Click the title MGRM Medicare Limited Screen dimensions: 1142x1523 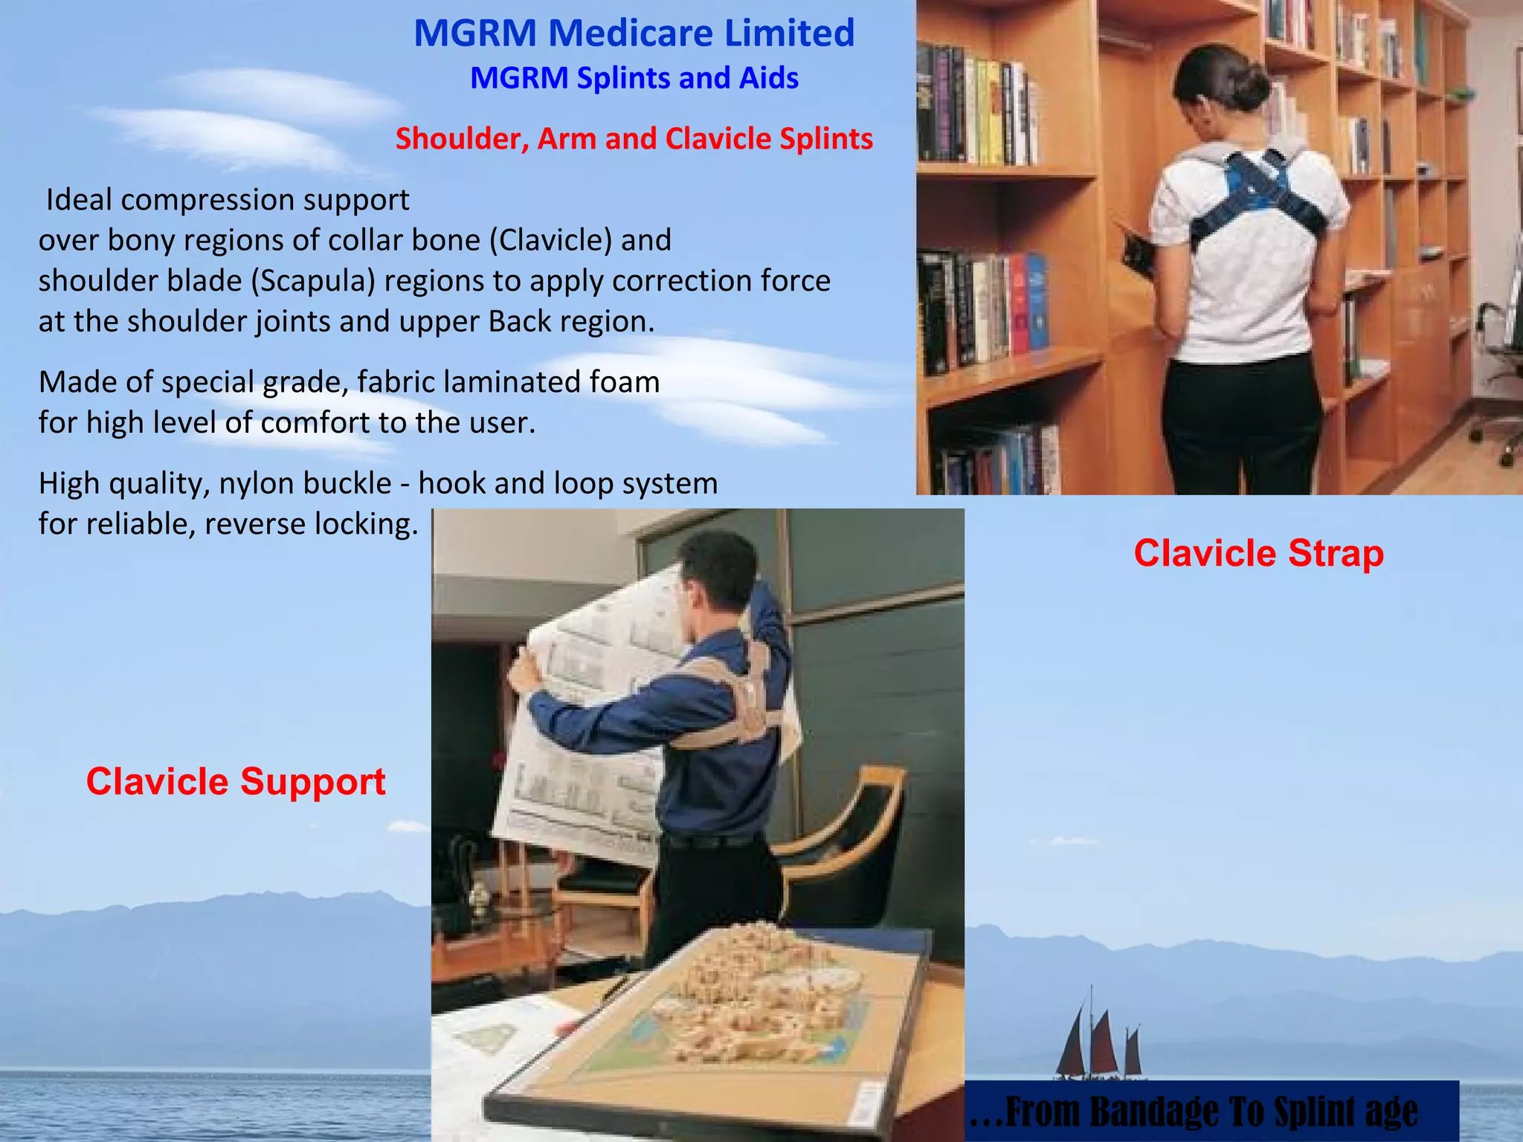pyautogui.click(x=634, y=33)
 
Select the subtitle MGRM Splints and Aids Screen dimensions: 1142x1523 pyautogui.click(x=634, y=78)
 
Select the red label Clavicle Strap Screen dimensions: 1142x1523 pyautogui.click(x=1258, y=554)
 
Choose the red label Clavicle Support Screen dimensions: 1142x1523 pyautogui.click(x=236, y=782)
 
